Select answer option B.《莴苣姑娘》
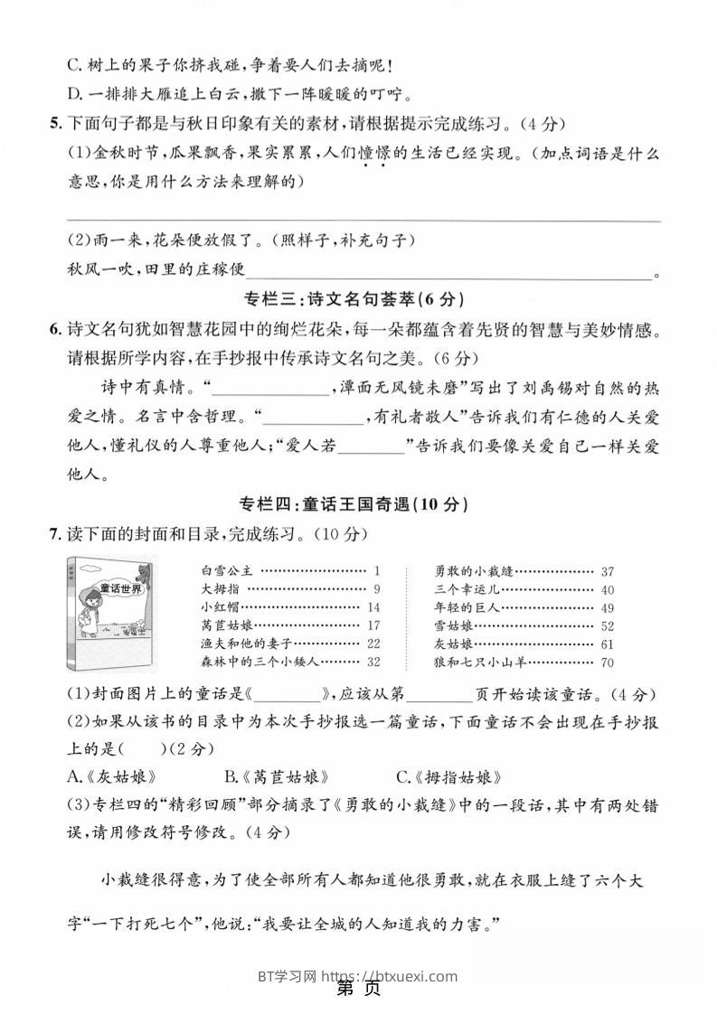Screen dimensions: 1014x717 (276, 776)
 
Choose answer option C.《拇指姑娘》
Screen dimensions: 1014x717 (448, 776)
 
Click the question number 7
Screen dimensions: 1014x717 (54, 534)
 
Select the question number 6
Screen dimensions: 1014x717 (54, 331)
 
